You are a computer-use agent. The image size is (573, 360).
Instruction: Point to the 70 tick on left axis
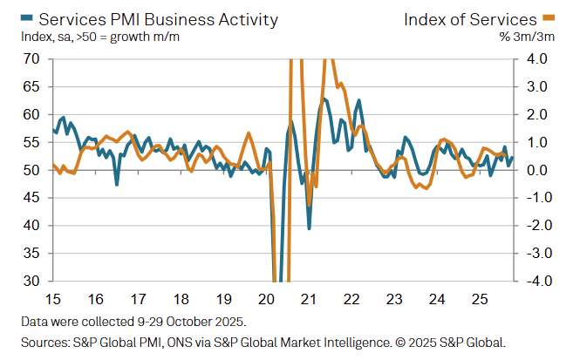coord(32,59)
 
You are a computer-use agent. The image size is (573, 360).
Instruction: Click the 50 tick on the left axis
coord(32,170)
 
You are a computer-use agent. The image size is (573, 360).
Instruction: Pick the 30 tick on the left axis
coord(32,281)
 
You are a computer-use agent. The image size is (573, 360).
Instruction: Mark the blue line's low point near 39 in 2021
coord(310,228)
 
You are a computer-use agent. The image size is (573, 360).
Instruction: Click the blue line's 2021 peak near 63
coord(324,98)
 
